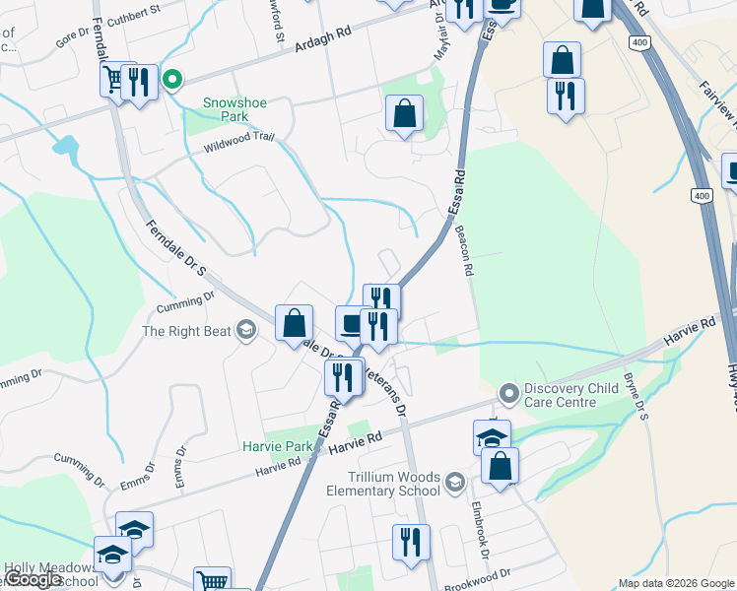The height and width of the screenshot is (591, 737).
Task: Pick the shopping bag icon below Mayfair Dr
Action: pos(404,113)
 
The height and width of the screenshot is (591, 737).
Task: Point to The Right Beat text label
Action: pos(185,331)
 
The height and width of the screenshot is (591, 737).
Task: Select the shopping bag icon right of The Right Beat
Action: pos(295,323)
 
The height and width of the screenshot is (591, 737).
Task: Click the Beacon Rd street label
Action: pos(464,250)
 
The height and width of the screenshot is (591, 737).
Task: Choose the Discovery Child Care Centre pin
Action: pos(509,394)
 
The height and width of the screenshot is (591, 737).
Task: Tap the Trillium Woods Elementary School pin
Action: pos(454,482)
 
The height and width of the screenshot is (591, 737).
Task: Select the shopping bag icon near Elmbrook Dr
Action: pos(500,465)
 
